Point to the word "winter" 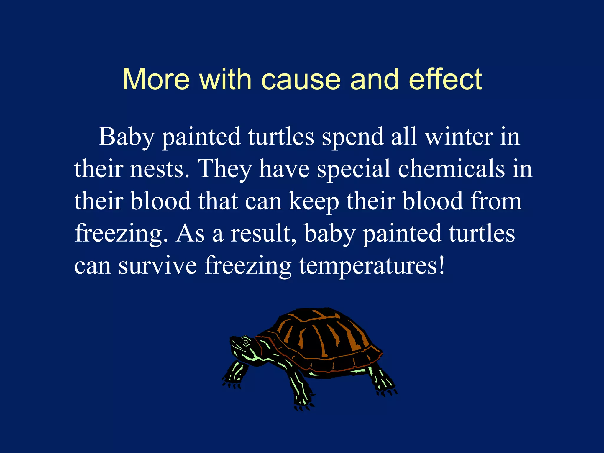click(x=459, y=137)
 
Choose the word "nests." click(x=160, y=169)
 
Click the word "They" click(x=225, y=169)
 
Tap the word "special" click(x=354, y=169)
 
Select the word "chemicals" click(x=451, y=169)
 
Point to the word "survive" click(x=157, y=265)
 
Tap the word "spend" click(x=352, y=137)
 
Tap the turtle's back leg click(x=380, y=380)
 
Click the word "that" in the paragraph click(x=218, y=201)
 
